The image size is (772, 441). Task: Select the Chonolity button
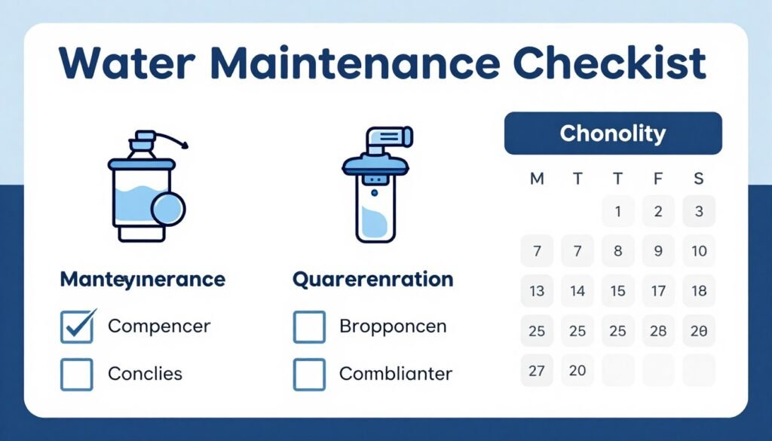[612, 134]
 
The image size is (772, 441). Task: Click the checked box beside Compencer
[77, 326]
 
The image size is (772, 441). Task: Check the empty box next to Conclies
[77, 374]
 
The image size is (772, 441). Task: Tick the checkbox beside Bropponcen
[309, 326]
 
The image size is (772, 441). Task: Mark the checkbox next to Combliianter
[309, 374]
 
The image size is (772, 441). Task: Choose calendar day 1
[618, 212]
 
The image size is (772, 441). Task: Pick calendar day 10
[699, 251]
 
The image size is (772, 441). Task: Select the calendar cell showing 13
[537, 291]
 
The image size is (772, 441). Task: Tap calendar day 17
[658, 291]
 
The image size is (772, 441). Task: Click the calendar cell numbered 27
[537, 371]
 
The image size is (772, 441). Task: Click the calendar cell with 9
[658, 251]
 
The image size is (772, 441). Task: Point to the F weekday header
[658, 179]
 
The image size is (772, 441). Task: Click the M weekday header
[537, 179]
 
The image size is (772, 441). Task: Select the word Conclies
[145, 374]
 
